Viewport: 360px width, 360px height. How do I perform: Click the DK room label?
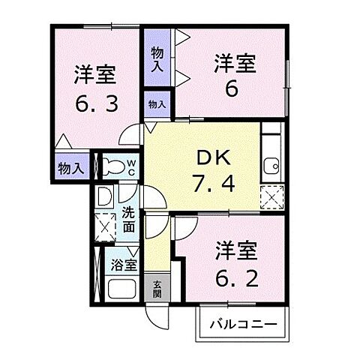click(x=214, y=158)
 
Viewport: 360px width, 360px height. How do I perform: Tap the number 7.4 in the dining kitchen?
click(x=214, y=184)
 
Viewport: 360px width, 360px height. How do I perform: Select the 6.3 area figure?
click(x=97, y=103)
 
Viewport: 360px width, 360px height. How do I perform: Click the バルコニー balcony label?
click(x=244, y=325)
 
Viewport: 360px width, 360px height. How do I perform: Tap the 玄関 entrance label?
click(x=157, y=289)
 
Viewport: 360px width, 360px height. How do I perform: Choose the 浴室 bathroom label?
click(x=124, y=265)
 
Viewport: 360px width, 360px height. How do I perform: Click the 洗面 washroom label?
click(x=128, y=220)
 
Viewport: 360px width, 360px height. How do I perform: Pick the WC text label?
click(x=132, y=167)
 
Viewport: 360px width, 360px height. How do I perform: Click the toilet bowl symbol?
click(x=113, y=166)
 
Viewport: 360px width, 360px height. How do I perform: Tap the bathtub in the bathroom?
click(x=121, y=289)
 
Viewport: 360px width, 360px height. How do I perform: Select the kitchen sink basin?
click(x=271, y=166)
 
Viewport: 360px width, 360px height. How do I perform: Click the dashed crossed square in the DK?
click(x=272, y=197)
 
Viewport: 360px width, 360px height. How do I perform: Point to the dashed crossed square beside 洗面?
click(x=105, y=227)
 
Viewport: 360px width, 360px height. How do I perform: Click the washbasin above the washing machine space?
click(x=104, y=196)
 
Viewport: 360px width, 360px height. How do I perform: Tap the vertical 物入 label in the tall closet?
click(x=157, y=60)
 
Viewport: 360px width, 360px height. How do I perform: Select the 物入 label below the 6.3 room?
click(x=71, y=169)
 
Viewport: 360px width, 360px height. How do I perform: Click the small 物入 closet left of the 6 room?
click(x=157, y=104)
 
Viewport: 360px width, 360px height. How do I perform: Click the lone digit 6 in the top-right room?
click(x=232, y=89)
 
